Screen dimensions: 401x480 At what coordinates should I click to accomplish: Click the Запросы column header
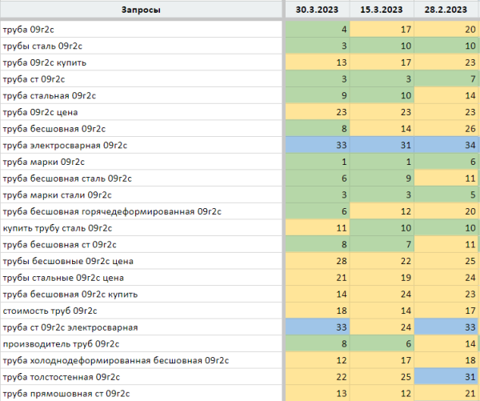[141, 10]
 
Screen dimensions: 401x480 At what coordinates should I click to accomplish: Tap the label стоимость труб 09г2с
[50, 311]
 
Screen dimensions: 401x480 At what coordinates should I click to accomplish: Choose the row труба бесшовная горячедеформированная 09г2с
[112, 211]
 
